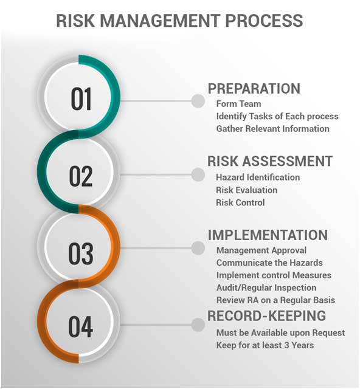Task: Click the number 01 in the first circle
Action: click(x=81, y=98)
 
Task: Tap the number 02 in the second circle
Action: click(x=81, y=176)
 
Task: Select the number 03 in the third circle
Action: click(x=81, y=253)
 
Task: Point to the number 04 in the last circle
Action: click(x=81, y=327)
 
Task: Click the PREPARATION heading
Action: click(x=254, y=89)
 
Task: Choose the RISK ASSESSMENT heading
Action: click(x=270, y=161)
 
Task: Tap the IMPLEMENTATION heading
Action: click(x=268, y=235)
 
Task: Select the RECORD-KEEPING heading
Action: click(x=266, y=315)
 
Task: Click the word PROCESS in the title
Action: click(x=264, y=20)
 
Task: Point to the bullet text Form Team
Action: click(x=238, y=104)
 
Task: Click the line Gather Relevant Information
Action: click(x=273, y=128)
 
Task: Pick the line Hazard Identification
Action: click(x=258, y=177)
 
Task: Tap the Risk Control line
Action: click(x=240, y=202)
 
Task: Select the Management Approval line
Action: click(x=261, y=250)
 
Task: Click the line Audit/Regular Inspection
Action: click(x=266, y=287)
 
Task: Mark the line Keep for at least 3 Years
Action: click(x=265, y=345)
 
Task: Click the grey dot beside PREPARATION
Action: click(x=198, y=101)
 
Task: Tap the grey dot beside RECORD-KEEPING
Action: click(x=198, y=325)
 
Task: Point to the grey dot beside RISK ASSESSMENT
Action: click(x=198, y=174)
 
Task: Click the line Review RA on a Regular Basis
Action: click(x=276, y=300)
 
